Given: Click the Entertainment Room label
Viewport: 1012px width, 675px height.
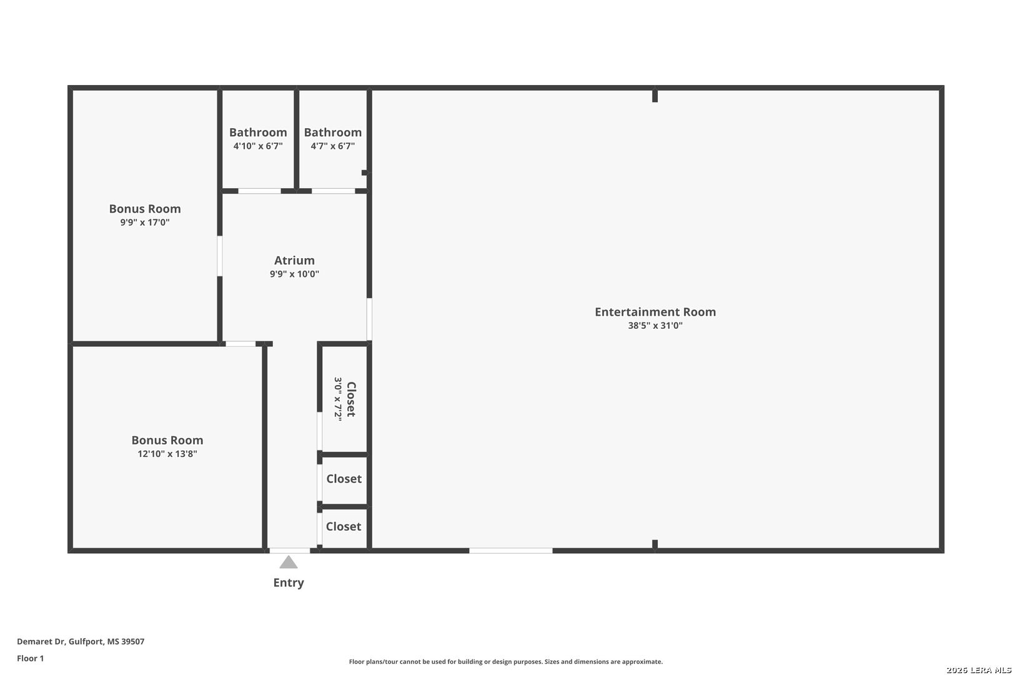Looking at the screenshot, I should tap(655, 312).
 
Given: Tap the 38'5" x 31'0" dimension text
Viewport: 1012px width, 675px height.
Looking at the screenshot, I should tap(655, 326).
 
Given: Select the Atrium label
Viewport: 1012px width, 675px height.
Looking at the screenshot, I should tap(294, 260).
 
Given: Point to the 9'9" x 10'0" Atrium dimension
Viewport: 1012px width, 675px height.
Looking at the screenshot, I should tap(294, 274).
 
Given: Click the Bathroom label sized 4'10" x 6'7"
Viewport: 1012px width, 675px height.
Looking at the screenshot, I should tap(258, 132).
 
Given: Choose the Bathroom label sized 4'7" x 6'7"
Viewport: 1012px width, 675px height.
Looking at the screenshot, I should tap(332, 132).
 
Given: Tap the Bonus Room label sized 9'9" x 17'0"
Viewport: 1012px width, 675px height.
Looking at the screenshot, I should tap(145, 209).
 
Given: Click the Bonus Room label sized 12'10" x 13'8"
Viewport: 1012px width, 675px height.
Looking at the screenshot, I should tap(167, 440).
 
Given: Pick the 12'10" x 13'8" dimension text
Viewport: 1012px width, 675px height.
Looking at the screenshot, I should tap(167, 454).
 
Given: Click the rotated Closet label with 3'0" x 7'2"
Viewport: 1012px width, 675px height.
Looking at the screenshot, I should tap(351, 399).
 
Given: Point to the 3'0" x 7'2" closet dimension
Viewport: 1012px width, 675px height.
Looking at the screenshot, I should tap(338, 399).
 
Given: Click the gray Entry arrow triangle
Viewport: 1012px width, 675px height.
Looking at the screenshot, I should tap(288, 562).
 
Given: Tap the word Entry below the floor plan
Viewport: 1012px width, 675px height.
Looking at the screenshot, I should tap(288, 582).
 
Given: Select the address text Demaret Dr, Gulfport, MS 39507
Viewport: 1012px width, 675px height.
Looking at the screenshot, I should tap(81, 641).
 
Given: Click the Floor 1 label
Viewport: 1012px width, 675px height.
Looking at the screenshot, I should tap(31, 658).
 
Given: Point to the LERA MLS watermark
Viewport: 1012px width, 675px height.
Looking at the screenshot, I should tap(978, 670).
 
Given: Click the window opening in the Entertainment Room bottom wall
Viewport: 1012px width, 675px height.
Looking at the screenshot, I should tap(510, 551).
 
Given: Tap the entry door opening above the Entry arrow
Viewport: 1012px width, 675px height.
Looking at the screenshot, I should tap(289, 551).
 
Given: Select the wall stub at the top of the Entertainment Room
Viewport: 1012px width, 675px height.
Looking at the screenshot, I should tap(655, 96).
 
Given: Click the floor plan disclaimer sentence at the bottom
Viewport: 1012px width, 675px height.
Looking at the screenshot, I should tap(505, 661).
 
